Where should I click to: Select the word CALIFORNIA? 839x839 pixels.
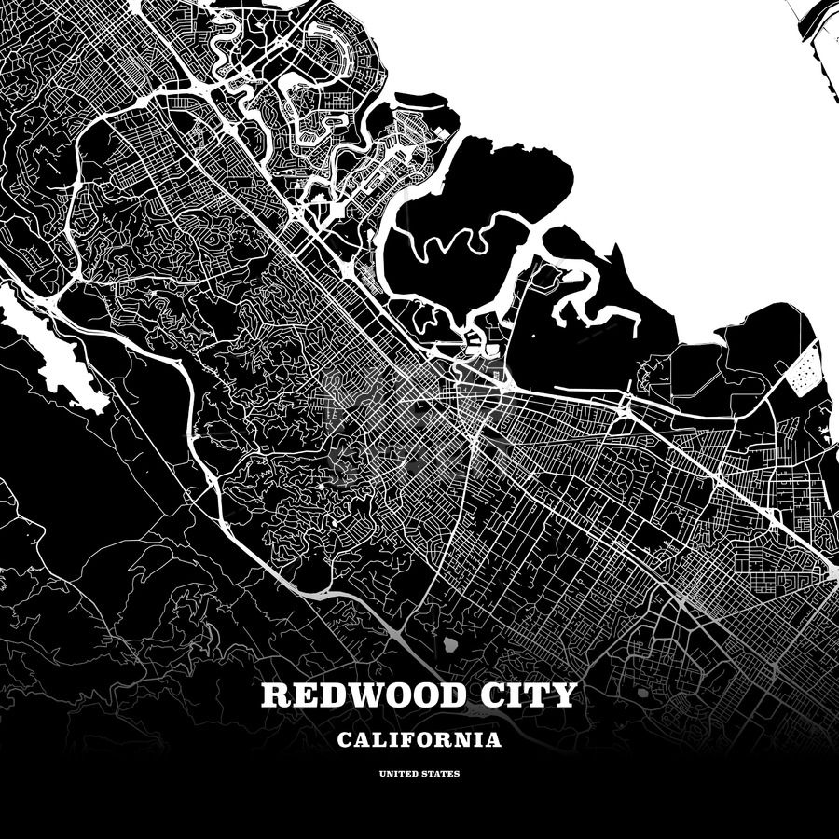coord(419,741)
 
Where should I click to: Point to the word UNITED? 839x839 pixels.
coord(398,774)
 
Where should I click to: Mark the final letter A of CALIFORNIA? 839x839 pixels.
coord(493,741)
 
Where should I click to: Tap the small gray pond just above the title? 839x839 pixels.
coord(450,644)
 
